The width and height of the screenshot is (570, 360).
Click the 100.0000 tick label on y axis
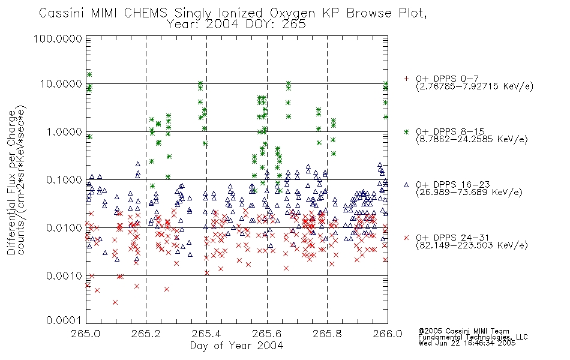click(x=58, y=38)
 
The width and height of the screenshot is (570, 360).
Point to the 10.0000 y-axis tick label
click(x=61, y=84)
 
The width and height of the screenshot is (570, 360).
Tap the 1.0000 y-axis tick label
click(x=64, y=131)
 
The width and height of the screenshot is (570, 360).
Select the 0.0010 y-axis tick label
click(x=64, y=275)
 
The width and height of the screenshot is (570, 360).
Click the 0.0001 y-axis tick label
click(x=64, y=320)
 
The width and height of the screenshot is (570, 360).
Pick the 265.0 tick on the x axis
click(x=86, y=334)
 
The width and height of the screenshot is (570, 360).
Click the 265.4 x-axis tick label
click(x=206, y=334)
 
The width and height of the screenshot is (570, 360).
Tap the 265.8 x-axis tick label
click(x=327, y=334)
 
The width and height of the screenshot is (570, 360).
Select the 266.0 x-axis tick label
click(x=388, y=334)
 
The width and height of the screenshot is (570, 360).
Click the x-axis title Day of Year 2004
click(x=236, y=346)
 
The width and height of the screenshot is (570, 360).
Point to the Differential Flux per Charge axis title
click(x=12, y=182)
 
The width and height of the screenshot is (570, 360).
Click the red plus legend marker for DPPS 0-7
click(x=406, y=79)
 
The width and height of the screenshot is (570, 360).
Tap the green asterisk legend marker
click(x=406, y=131)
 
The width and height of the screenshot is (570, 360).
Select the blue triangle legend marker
click(x=406, y=185)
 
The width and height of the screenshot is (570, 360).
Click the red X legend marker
click(x=406, y=238)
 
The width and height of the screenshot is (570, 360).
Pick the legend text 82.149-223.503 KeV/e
click(x=472, y=245)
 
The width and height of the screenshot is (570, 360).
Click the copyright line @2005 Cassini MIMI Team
click(x=463, y=331)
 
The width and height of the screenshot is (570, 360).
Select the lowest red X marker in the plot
click(x=115, y=302)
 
